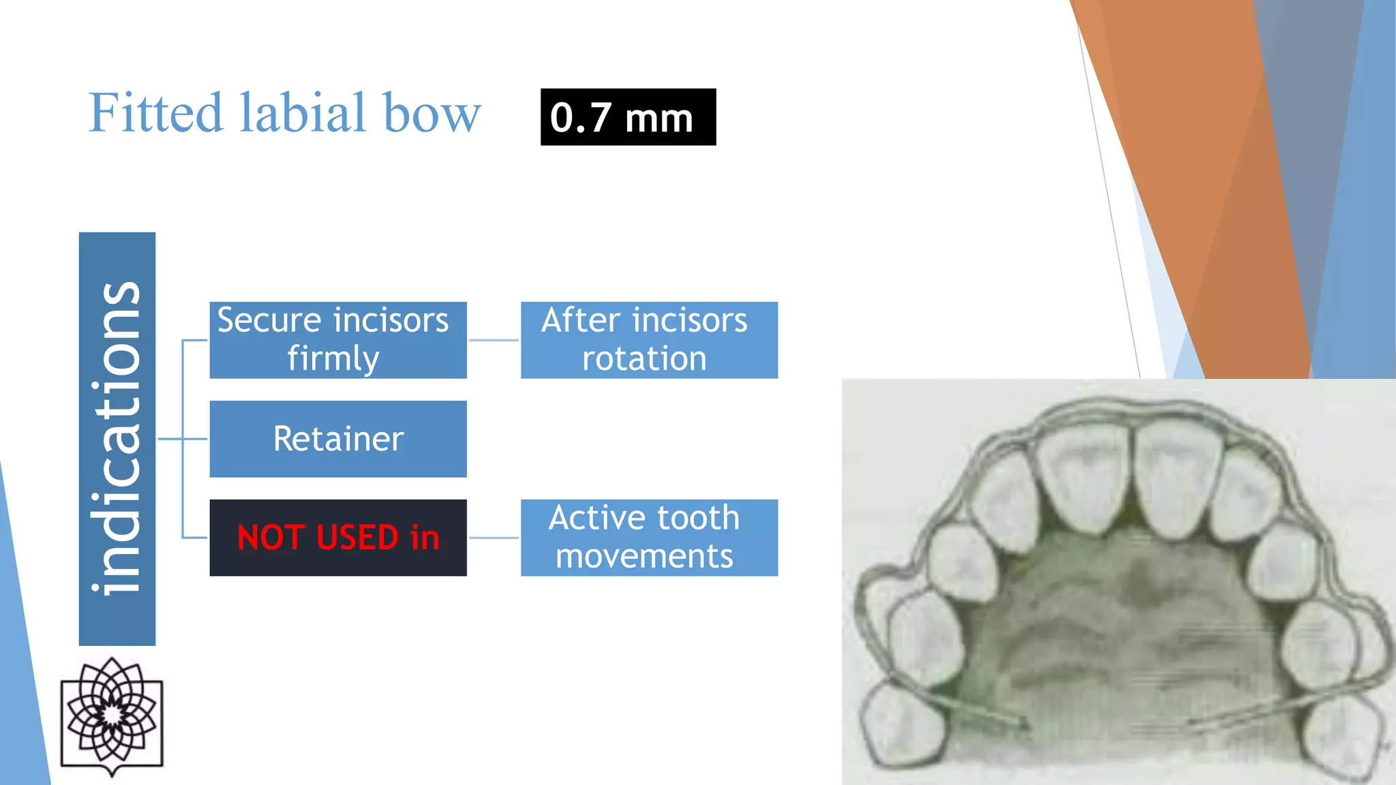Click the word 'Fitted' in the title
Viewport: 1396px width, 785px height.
click(155, 112)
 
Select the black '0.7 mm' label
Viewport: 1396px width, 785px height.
click(628, 117)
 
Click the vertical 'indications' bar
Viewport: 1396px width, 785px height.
click(117, 439)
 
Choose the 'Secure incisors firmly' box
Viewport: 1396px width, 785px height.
click(338, 340)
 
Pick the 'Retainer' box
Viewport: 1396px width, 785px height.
click(338, 439)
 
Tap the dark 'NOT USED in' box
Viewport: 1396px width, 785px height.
click(338, 538)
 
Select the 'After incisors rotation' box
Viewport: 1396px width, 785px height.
click(649, 340)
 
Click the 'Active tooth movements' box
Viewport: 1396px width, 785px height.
click(649, 538)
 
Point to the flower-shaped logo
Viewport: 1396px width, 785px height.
click(112, 715)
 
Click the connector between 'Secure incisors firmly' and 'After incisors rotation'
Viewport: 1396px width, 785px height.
click(494, 340)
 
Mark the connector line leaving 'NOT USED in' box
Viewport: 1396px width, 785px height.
click(494, 538)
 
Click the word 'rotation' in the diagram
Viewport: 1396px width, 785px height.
click(644, 359)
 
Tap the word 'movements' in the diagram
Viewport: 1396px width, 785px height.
click(644, 556)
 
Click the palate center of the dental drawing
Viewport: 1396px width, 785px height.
click(1125, 634)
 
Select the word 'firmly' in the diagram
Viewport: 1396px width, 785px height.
click(333, 359)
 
